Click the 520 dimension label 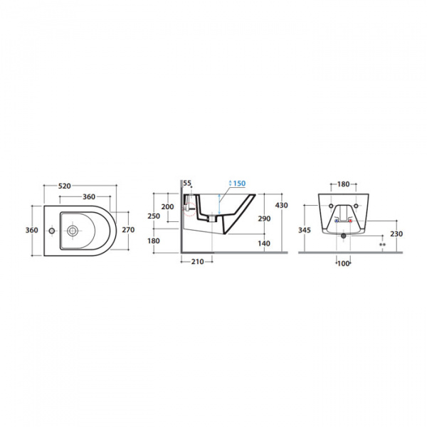[65, 186]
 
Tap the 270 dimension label [128, 230]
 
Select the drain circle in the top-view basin [73, 231]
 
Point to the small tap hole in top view [52, 231]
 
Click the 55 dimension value [187, 183]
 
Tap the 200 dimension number [167, 206]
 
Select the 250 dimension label [154, 216]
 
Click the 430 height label [282, 205]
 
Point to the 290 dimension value [265, 218]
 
